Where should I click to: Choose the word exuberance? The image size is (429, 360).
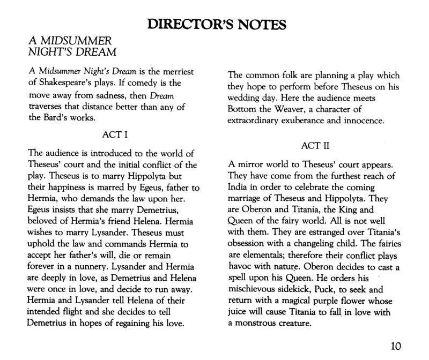point(333,121)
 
